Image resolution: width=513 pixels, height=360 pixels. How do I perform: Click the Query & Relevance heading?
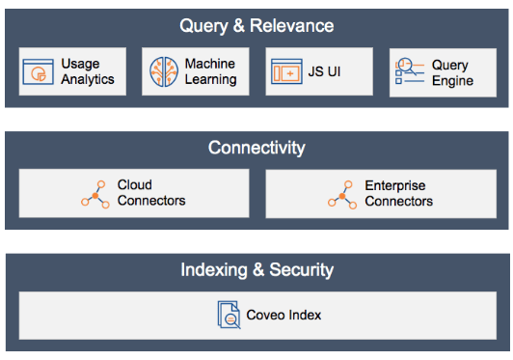point(256,25)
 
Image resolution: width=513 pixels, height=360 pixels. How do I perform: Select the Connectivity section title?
point(256,148)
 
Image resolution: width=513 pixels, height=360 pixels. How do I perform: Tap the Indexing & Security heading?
point(256,269)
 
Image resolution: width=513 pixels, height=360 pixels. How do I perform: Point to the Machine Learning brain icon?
point(163,72)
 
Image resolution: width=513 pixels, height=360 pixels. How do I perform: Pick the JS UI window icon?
point(286,72)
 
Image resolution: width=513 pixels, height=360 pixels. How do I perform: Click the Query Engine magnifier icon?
point(408,72)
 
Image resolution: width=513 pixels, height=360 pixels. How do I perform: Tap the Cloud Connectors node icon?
point(95,193)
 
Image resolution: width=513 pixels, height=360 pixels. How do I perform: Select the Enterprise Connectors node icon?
point(342,193)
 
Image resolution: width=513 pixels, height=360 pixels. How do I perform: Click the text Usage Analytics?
point(88,72)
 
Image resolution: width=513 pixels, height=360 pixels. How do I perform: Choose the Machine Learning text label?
point(210,72)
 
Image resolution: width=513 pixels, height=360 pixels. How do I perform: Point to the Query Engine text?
point(451,72)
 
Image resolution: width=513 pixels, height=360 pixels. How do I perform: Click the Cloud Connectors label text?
point(151,193)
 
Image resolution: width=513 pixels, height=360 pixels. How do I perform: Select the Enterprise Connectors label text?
point(398,193)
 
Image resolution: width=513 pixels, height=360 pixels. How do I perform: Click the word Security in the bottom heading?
point(301,269)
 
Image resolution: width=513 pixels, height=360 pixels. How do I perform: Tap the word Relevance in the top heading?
point(293,25)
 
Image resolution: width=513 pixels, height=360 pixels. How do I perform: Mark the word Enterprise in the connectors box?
point(395,185)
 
